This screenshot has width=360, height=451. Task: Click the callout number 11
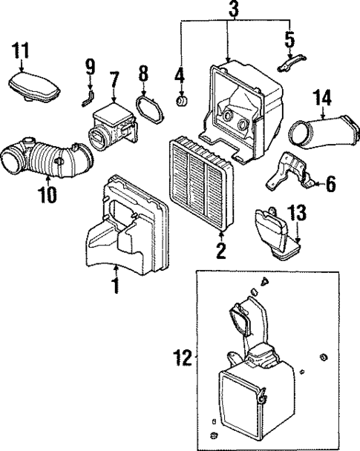[22, 52]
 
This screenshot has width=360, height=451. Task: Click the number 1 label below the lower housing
[114, 284]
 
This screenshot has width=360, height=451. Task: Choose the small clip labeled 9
[88, 96]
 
